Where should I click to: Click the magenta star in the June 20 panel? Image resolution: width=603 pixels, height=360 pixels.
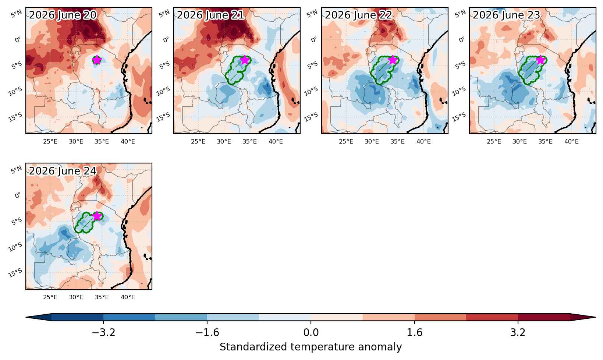pos(97,60)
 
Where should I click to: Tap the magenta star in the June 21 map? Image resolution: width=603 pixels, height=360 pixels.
pos(245,60)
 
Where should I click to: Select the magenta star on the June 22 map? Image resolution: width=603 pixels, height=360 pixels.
pos(393,60)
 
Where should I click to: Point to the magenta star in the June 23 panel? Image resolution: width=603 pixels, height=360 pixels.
pos(540,60)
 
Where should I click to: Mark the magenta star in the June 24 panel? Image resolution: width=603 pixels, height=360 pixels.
pos(97,216)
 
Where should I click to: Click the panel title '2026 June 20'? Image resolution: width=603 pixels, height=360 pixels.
pos(63,15)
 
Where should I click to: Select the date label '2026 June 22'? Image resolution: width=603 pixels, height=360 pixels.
pos(359,15)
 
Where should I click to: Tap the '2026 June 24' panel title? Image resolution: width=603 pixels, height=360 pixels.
pos(63,171)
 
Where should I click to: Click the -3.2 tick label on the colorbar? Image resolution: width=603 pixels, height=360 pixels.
pos(103,333)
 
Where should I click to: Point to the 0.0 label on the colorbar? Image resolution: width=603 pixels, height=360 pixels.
pos(311,333)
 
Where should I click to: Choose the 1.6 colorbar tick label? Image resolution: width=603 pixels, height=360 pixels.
pos(415,333)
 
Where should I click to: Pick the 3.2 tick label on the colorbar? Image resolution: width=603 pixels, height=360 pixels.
pos(518,333)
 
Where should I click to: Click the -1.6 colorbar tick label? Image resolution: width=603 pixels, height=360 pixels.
pos(207,333)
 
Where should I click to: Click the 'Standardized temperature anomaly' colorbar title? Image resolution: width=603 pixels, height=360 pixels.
pos(311,347)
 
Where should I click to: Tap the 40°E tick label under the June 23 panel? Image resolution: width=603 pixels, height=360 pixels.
pos(571,142)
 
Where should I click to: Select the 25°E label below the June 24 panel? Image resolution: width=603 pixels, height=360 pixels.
pos(50,297)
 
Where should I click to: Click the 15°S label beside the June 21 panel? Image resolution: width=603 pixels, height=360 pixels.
pos(163,117)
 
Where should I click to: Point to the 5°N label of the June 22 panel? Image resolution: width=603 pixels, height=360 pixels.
pos(312,14)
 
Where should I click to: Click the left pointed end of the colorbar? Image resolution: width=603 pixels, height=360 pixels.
pos(26,317)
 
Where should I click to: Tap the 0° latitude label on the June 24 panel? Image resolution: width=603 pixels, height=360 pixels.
pos(18,195)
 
